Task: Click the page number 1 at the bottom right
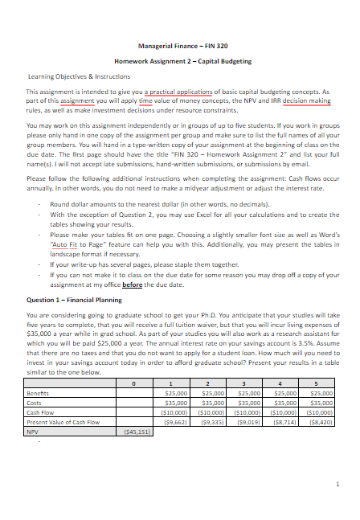coord(338,483)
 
